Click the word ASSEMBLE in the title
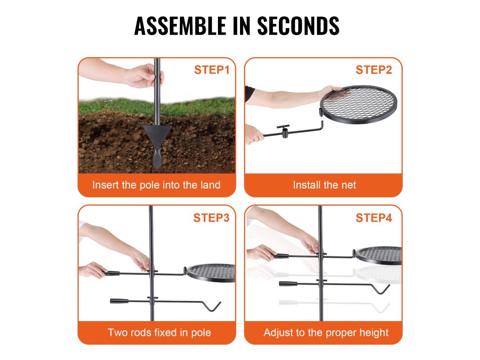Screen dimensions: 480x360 point(180,26)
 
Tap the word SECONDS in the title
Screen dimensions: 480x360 point(298,26)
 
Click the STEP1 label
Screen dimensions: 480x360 point(211,70)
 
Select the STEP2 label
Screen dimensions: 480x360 point(374,70)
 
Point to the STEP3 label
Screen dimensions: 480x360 point(211,217)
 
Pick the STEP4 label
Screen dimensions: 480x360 point(374,217)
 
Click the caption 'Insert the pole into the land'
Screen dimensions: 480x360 point(156,185)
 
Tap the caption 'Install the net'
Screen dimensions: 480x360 point(324,185)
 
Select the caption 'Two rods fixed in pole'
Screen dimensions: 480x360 point(159,332)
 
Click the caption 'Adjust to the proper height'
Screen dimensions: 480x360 point(326,333)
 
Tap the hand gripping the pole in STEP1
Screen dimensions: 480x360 point(144,76)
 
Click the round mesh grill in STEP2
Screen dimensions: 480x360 point(358,105)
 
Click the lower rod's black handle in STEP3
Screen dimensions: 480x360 point(119,301)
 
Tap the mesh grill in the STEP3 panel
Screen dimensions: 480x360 point(210,273)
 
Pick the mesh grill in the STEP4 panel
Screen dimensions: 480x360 point(378,255)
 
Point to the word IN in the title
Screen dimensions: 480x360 point(242,26)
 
